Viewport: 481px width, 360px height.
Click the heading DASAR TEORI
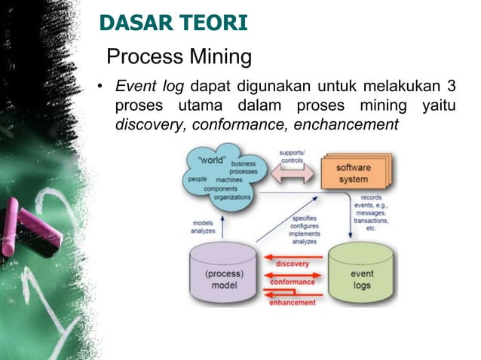point(173,24)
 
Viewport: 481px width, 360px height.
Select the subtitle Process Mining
point(179,56)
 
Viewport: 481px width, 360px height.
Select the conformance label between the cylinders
point(293,282)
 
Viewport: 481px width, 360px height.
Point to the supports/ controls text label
point(292,155)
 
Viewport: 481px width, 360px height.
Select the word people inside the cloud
point(198,179)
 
